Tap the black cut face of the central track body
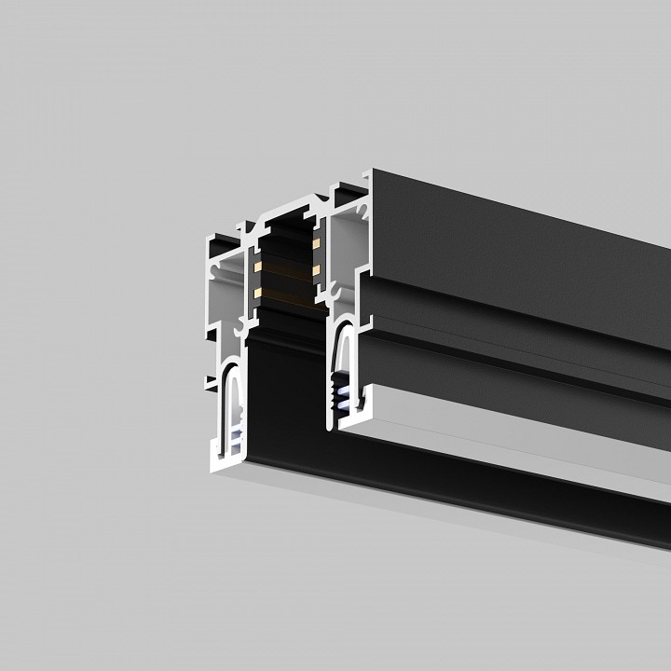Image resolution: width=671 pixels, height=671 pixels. (x=280, y=391)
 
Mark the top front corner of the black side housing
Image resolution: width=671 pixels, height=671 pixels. (x=374, y=171)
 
